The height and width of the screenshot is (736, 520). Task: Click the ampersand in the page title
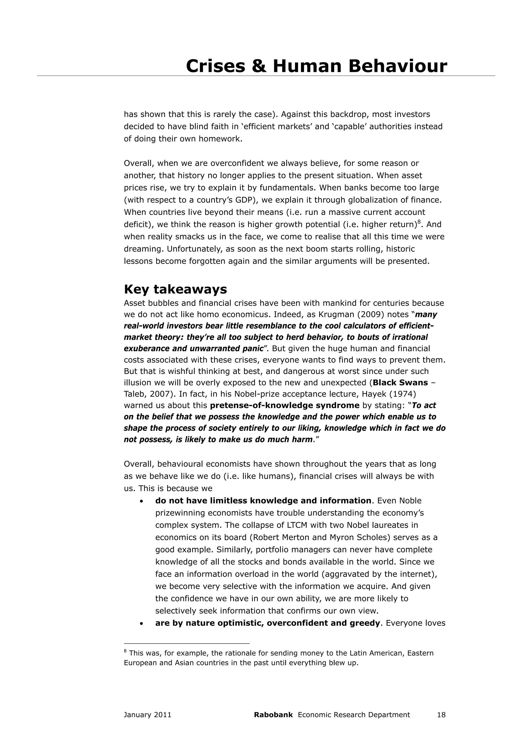(x=259, y=66)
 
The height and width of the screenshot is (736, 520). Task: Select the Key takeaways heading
(x=175, y=289)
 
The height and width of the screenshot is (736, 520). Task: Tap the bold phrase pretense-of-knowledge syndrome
(x=285, y=405)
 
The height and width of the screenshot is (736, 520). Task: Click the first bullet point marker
(x=141, y=501)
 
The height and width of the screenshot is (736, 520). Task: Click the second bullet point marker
(x=141, y=624)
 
